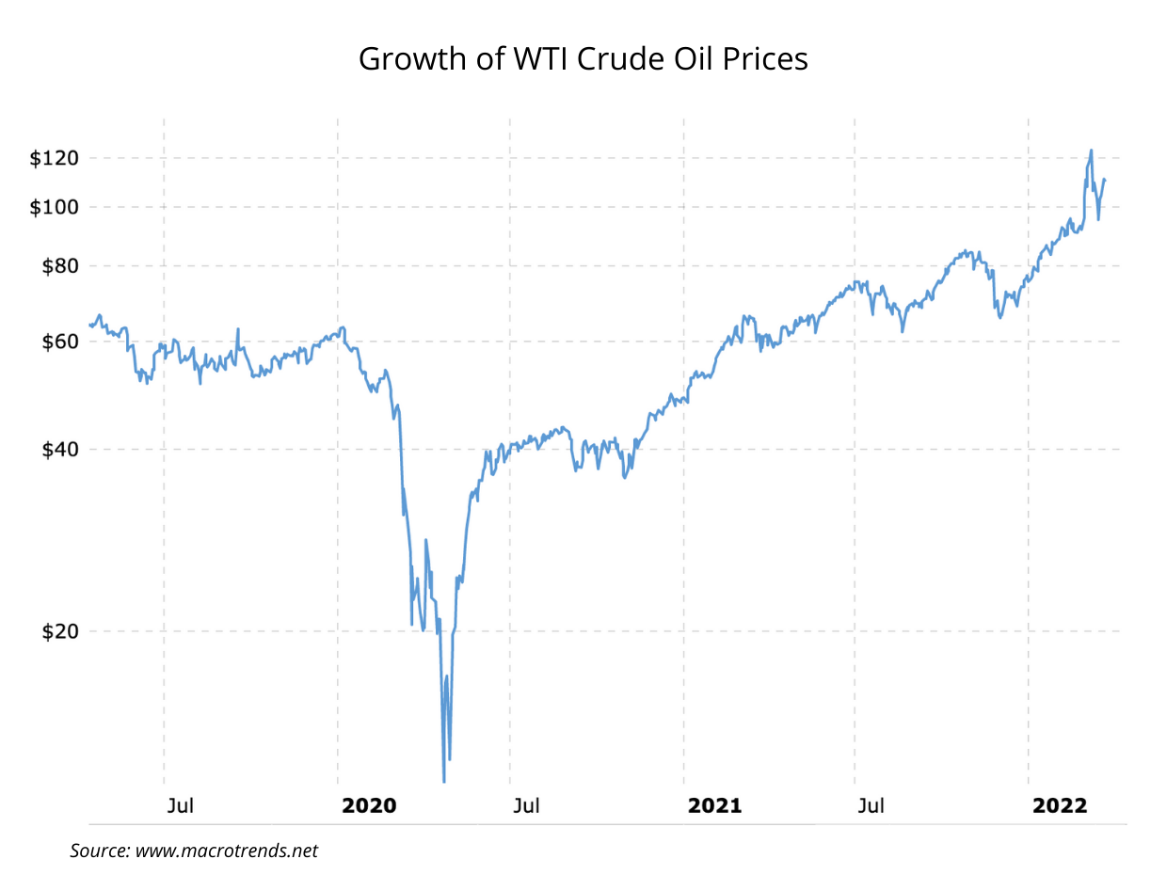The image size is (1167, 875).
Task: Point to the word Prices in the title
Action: tap(763, 59)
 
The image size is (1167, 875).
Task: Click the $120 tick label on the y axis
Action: tap(54, 158)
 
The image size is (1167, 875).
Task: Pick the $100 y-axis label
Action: tap(54, 207)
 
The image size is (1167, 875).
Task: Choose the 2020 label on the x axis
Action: tap(369, 806)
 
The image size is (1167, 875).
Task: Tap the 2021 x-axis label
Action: tap(715, 806)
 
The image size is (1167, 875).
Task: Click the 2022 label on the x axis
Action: tap(1060, 806)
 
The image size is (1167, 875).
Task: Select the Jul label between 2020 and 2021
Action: tap(526, 806)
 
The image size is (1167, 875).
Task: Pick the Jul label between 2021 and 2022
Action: tap(871, 806)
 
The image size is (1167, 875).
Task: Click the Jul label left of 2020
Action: tap(180, 806)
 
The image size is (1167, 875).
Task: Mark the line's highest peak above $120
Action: tap(1091, 151)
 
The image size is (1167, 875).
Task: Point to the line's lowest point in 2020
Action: tap(444, 781)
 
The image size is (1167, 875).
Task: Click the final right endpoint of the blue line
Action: tap(1104, 180)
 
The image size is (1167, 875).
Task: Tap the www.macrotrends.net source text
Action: tap(227, 851)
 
